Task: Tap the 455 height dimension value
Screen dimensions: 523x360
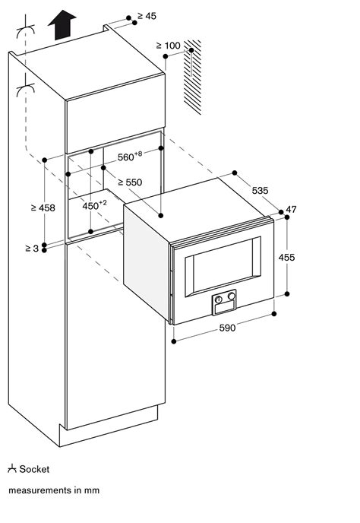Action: pos(308,258)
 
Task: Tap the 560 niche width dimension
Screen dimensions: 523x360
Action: pos(129,157)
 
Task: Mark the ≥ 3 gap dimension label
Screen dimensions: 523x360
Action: pos(30,249)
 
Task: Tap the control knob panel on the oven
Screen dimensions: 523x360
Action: pos(223,301)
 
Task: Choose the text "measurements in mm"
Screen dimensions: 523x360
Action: pos(53,490)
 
